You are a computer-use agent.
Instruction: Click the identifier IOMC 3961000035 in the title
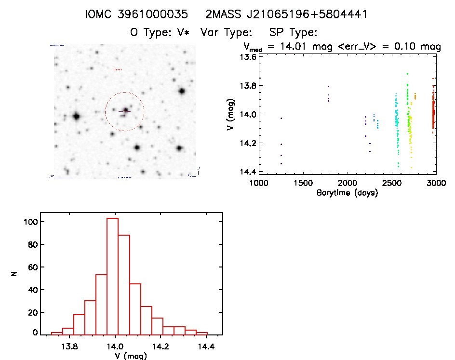tap(136, 14)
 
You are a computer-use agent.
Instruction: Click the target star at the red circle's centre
tap(125, 111)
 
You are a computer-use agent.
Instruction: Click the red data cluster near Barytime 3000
tap(433, 113)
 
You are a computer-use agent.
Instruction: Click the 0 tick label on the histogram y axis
tap(35, 333)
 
